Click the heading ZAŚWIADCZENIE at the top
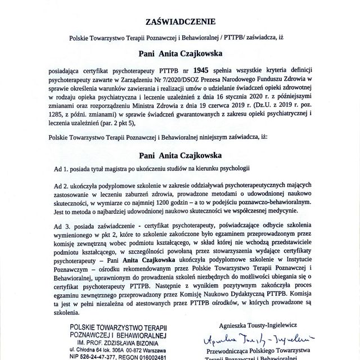point(180,23)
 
